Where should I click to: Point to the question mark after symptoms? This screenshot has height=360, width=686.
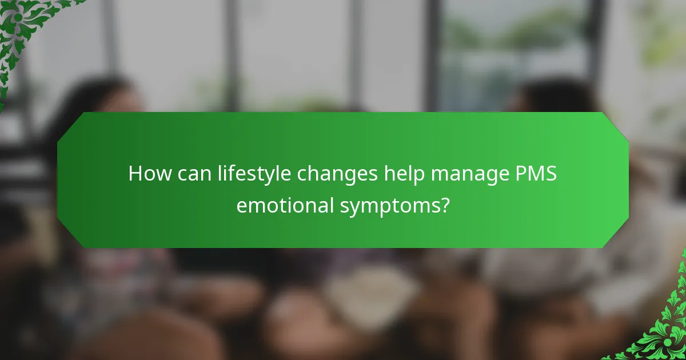point(444,204)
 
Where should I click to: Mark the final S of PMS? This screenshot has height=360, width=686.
point(551,173)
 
